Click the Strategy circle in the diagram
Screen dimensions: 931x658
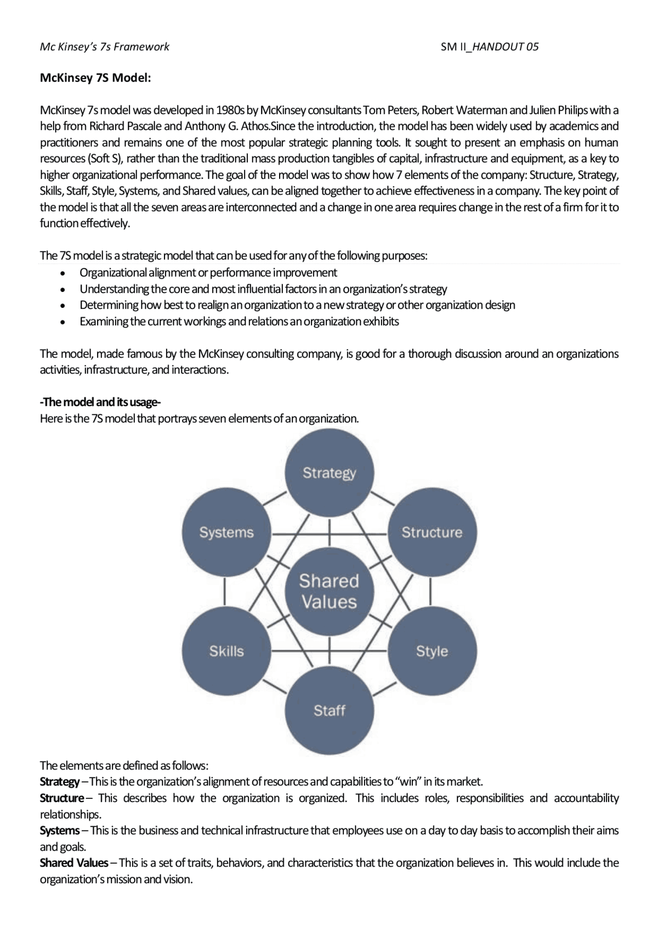point(329,472)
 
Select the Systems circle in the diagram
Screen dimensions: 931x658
point(226,532)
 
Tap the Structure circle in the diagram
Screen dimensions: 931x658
point(432,532)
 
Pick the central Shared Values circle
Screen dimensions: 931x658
point(329,591)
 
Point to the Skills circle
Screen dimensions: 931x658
point(226,651)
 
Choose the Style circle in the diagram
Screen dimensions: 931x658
point(432,651)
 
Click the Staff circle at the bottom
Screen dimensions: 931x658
point(329,710)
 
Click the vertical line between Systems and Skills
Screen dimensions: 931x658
point(225,591)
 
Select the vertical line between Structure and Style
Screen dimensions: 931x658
point(430,591)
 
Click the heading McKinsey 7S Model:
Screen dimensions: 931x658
point(96,78)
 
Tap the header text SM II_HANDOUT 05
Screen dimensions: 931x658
point(489,47)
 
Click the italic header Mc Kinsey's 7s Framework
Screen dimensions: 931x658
point(105,47)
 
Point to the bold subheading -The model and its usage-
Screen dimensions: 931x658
point(101,402)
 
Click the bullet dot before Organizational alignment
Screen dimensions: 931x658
point(63,273)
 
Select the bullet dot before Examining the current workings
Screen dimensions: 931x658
point(63,322)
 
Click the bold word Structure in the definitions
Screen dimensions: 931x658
point(62,798)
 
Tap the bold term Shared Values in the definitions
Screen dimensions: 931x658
point(74,863)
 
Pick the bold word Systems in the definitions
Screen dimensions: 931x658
point(60,830)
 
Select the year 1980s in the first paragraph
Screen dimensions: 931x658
point(230,110)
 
